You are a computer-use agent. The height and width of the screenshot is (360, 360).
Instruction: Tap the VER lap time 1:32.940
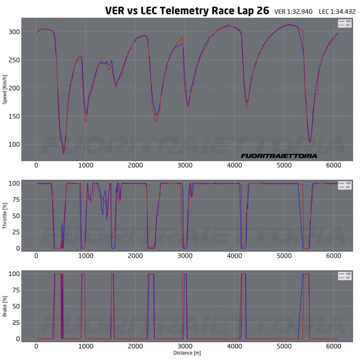click(293, 12)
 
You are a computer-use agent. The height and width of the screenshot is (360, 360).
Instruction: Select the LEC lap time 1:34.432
click(337, 12)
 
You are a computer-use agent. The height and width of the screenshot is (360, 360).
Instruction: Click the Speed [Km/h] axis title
click(5, 90)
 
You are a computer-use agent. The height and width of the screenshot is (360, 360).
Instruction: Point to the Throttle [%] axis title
click(5, 215)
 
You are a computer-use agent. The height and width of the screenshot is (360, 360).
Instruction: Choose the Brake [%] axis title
click(5, 306)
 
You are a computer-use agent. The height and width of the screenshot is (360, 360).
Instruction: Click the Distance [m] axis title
click(187, 353)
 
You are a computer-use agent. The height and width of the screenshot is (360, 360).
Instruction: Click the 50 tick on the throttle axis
click(15, 216)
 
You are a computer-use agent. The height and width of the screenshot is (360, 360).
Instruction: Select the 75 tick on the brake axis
click(15, 290)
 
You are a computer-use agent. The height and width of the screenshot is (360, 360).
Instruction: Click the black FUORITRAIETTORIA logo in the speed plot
click(279, 156)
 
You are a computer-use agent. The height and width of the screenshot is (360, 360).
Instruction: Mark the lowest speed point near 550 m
click(64, 154)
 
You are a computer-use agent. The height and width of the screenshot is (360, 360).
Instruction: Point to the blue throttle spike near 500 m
click(62, 225)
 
